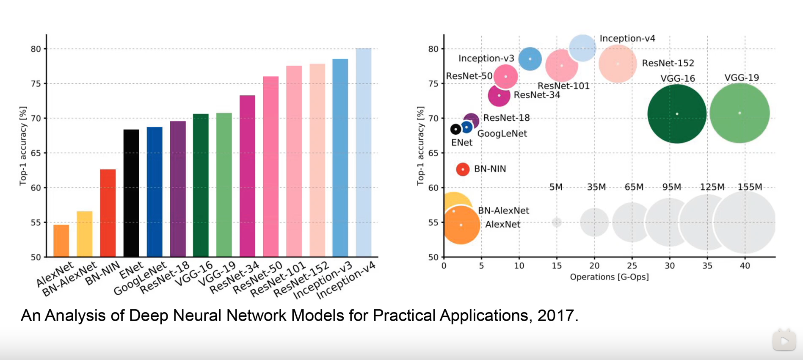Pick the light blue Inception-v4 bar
coord(364,152)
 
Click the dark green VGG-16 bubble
coord(677,114)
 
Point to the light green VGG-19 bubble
coord(740,113)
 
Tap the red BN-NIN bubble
coord(463,169)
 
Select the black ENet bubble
coord(455,129)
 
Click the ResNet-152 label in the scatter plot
coord(668,63)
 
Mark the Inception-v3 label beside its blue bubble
coord(486,58)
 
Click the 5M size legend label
coord(556,187)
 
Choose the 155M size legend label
coord(750,187)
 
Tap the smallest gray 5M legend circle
coord(557,222)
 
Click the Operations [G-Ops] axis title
coord(609,277)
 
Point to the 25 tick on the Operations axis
coord(632,266)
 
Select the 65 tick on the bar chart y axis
coord(36,153)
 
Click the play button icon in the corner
coord(784,341)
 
